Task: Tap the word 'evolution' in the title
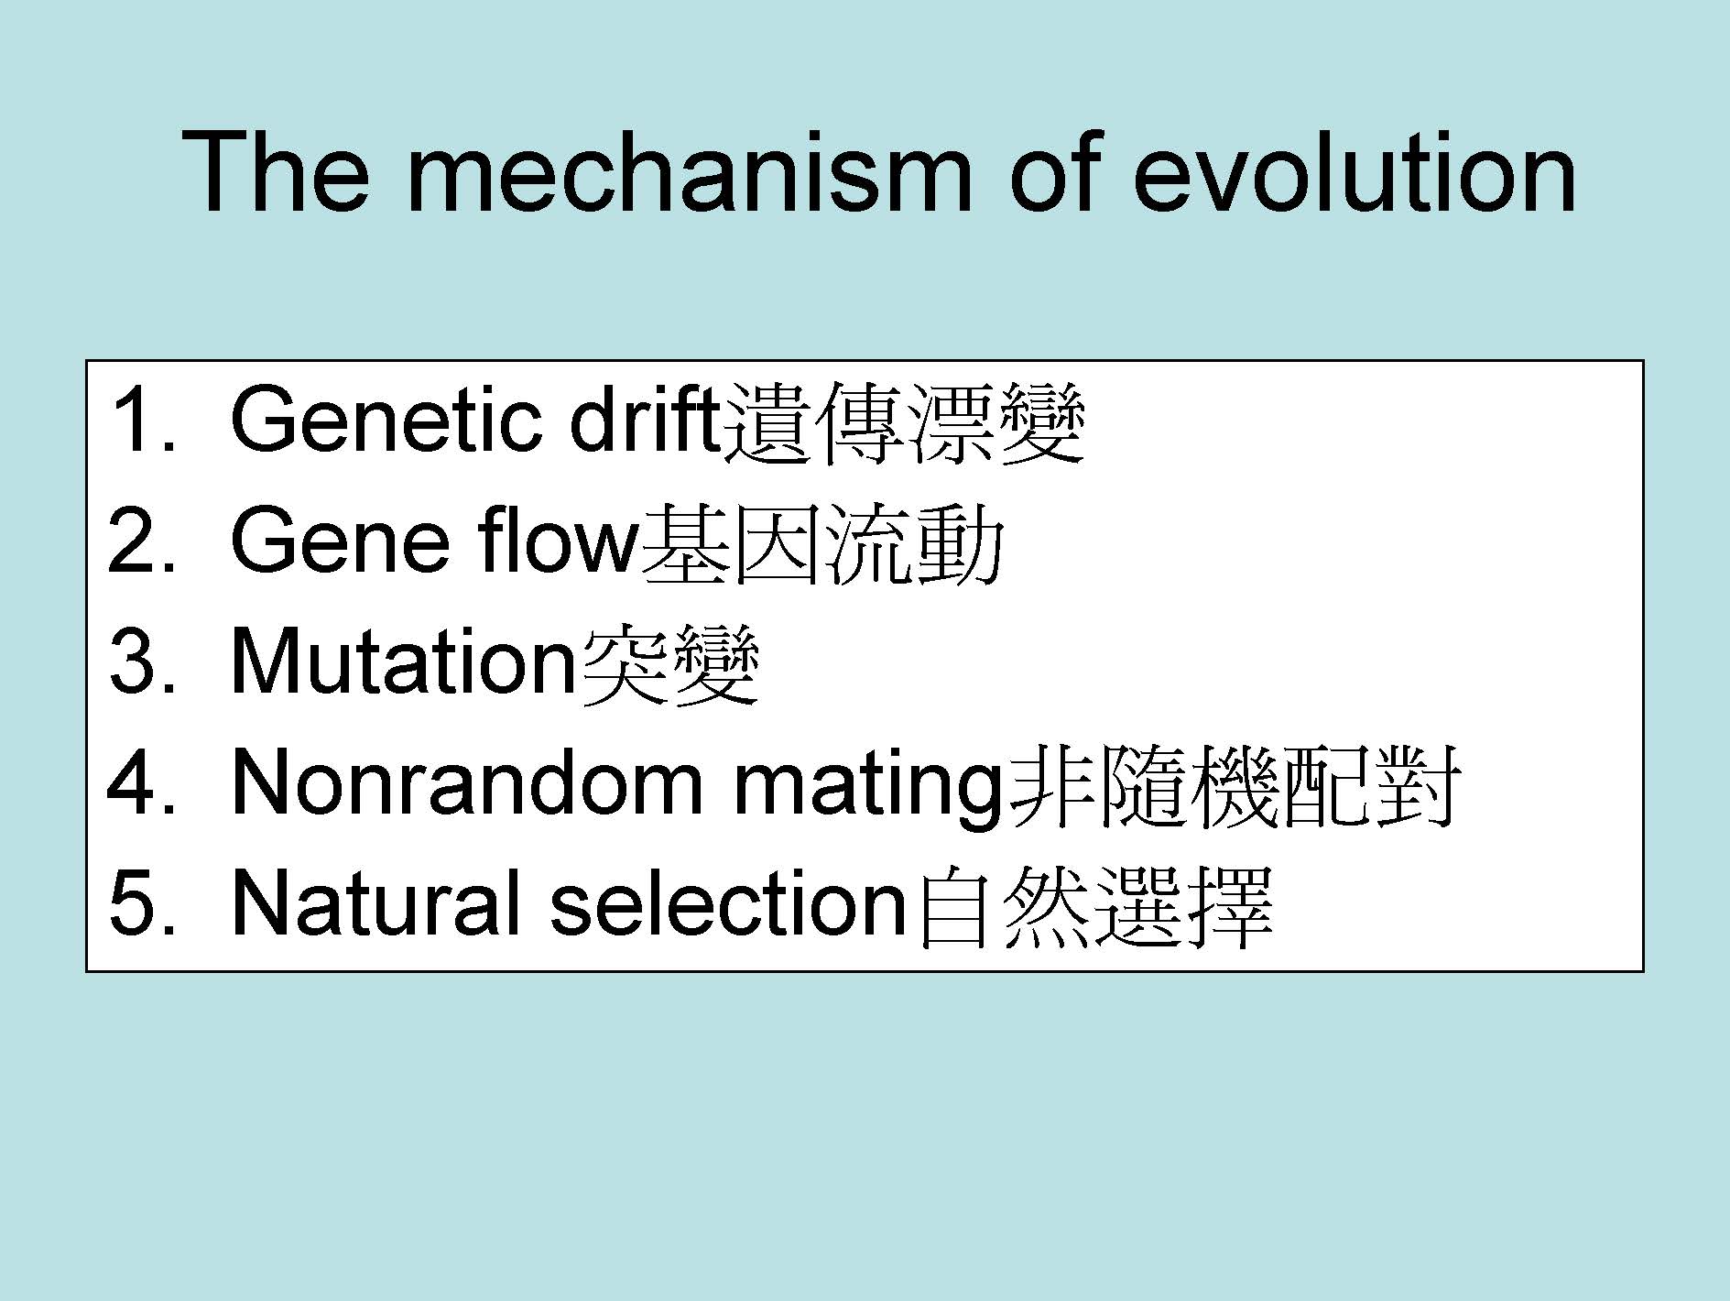[x=1355, y=171]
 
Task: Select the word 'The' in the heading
[x=277, y=171]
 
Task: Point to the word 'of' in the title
[x=1051, y=171]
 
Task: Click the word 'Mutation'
[x=403, y=661]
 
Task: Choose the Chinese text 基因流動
[x=821, y=544]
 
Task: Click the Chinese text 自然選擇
[x=1094, y=907]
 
